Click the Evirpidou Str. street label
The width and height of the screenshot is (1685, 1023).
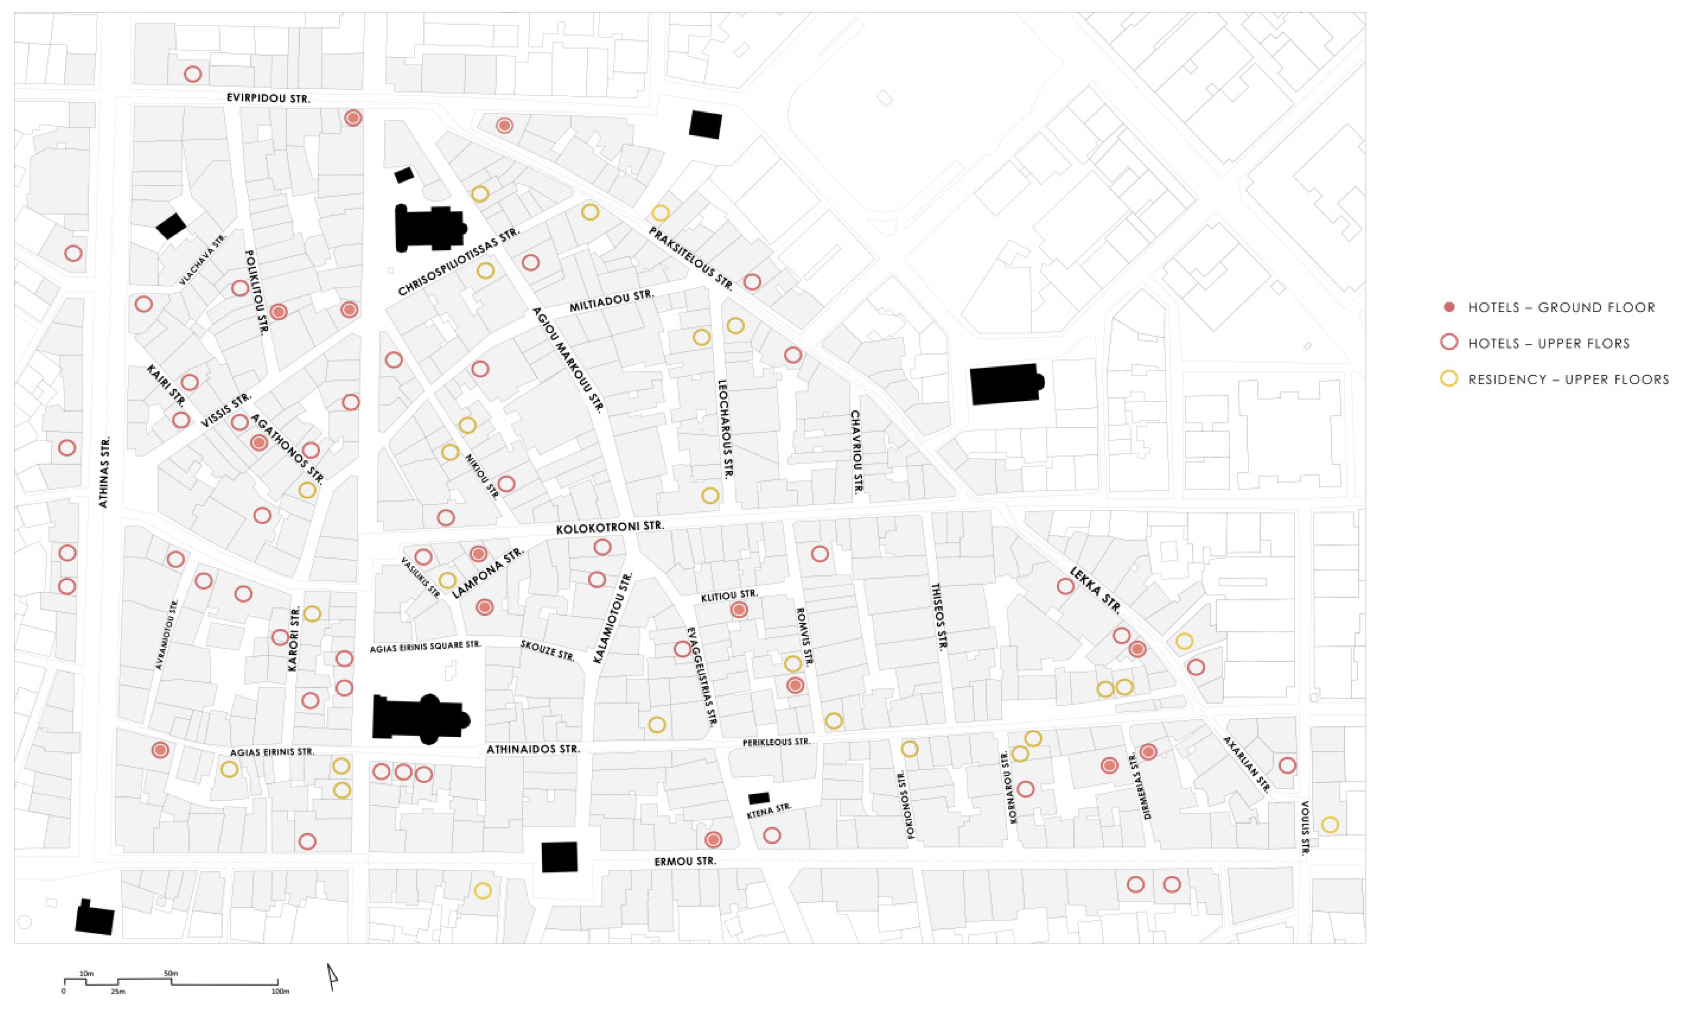point(268,98)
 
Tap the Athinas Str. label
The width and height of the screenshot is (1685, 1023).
point(104,472)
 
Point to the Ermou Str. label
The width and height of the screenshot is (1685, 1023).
point(685,862)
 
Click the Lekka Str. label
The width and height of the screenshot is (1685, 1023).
point(1095,590)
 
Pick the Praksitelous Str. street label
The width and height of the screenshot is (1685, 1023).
point(691,259)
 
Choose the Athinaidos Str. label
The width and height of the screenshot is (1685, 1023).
point(533,749)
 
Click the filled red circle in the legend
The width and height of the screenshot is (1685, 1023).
point(1448,308)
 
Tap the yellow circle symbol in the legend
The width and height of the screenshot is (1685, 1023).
point(1448,379)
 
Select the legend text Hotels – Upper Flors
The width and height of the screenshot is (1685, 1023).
point(1549,343)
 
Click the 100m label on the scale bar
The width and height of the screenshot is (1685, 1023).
point(280,992)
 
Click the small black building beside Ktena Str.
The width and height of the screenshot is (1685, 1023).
point(759,798)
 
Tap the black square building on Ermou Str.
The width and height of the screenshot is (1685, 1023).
point(559,857)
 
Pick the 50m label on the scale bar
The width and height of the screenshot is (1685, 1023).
point(171,973)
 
